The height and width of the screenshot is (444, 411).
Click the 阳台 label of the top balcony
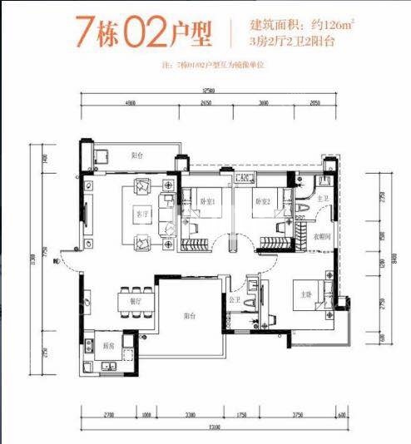[136, 155]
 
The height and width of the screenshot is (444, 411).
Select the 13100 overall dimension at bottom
[215, 427]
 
